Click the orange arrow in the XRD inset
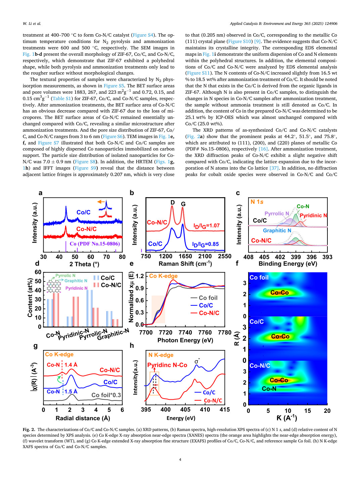pyautogui.click(x=101, y=202)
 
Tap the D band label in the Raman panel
pyautogui.click(x=173, y=203)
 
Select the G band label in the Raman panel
pyautogui.click(x=183, y=204)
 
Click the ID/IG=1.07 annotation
pyautogui.click(x=207, y=226)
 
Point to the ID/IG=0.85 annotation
pyautogui.click(x=206, y=244)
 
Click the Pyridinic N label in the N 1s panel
pyautogui.click(x=313, y=215)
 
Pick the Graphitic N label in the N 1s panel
pyautogui.click(x=277, y=230)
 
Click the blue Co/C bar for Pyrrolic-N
pyautogui.click(x=90, y=308)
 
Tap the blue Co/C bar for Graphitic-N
pyautogui.click(x=109, y=319)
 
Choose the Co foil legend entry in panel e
pyautogui.click(x=204, y=298)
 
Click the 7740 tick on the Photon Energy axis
pyautogui.click(x=185, y=333)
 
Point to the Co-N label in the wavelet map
pyautogui.click(x=269, y=389)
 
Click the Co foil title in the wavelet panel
pyautogui.click(x=259, y=277)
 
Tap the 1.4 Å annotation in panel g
pyautogui.click(x=71, y=365)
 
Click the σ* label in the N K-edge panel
pyautogui.click(x=197, y=361)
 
